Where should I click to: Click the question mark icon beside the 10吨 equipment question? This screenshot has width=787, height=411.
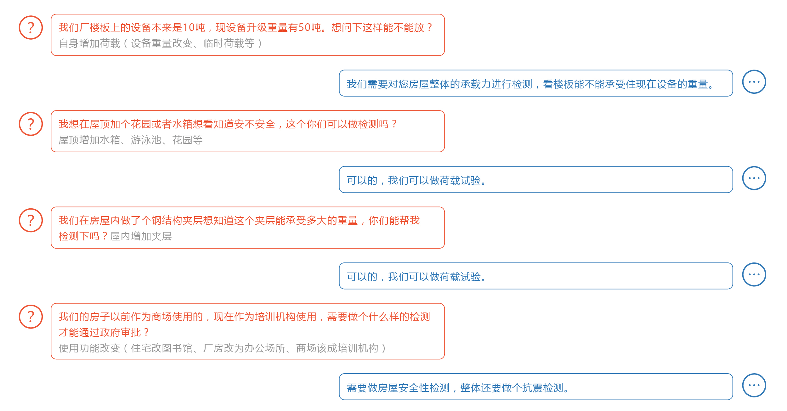pos(31,28)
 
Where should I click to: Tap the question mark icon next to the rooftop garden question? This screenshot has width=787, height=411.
pos(31,124)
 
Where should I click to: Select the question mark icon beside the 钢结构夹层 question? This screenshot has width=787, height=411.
pos(31,220)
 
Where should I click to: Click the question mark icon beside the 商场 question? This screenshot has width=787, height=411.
pos(31,317)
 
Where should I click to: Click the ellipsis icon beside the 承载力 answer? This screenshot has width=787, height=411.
pos(754,82)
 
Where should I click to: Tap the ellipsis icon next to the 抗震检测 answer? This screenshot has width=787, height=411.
pos(754,385)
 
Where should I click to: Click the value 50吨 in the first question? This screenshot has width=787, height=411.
pos(310,28)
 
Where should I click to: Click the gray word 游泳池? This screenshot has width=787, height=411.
pos(146,140)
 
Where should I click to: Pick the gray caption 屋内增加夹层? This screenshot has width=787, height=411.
pos(141,236)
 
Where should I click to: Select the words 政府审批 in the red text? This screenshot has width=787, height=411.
pos(120,332)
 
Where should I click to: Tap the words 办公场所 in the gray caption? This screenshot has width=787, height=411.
pos(264,348)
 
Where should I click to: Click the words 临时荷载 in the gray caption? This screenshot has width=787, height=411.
pos(224,43)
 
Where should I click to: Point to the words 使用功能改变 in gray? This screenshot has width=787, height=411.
pos(89,348)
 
